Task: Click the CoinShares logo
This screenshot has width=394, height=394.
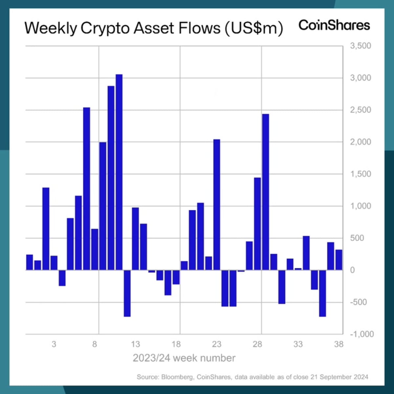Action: click(x=334, y=26)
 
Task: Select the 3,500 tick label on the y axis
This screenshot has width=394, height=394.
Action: click(x=361, y=46)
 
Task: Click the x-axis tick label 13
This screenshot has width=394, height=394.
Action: click(x=135, y=344)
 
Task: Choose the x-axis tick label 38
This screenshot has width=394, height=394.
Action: click(x=339, y=344)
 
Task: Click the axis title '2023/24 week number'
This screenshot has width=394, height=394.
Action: click(x=184, y=358)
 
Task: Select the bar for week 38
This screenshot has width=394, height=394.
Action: click(x=339, y=260)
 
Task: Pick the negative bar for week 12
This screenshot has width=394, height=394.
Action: click(x=127, y=293)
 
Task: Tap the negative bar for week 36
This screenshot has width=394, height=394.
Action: click(x=322, y=293)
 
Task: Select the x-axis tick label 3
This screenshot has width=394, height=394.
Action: click(x=54, y=344)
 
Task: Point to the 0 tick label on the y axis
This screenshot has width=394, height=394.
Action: click(x=352, y=270)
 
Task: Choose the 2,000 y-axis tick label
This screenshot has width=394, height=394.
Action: click(x=361, y=142)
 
